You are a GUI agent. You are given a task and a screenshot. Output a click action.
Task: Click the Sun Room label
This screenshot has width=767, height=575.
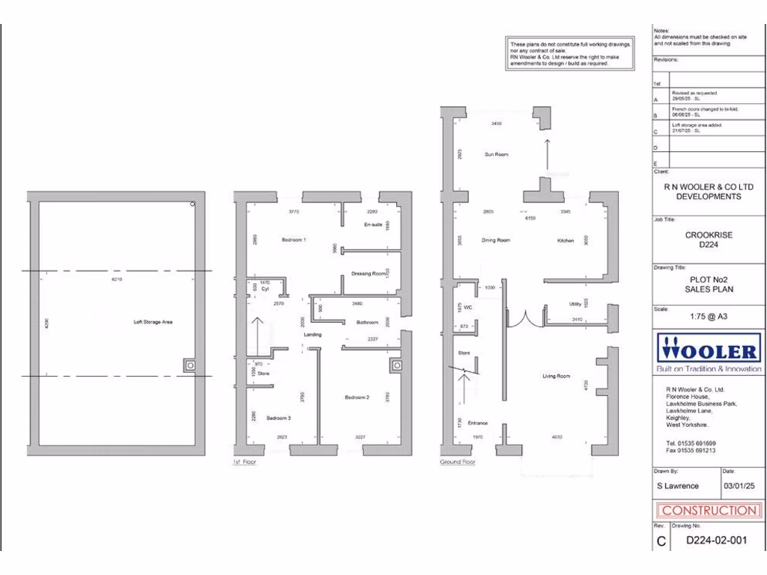point(496,154)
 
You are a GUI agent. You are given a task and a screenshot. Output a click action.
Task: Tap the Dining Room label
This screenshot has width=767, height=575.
point(496,240)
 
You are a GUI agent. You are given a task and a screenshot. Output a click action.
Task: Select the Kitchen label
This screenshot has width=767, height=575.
point(566,240)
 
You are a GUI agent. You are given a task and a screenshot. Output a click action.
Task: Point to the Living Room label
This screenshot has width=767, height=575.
point(557,376)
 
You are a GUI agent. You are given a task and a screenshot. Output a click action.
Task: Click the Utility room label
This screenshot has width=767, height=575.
point(575,304)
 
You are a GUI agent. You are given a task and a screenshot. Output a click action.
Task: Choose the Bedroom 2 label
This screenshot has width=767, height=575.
point(357,397)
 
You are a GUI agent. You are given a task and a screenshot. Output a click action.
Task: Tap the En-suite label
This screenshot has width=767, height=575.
point(373,225)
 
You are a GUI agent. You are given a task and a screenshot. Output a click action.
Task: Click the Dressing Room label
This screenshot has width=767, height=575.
point(369,274)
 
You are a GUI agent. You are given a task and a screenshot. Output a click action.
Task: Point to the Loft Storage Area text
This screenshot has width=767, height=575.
point(154,323)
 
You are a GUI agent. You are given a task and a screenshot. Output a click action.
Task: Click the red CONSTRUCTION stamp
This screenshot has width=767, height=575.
point(708,511)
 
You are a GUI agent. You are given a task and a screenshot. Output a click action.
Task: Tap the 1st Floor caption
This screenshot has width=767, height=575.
point(244,463)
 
